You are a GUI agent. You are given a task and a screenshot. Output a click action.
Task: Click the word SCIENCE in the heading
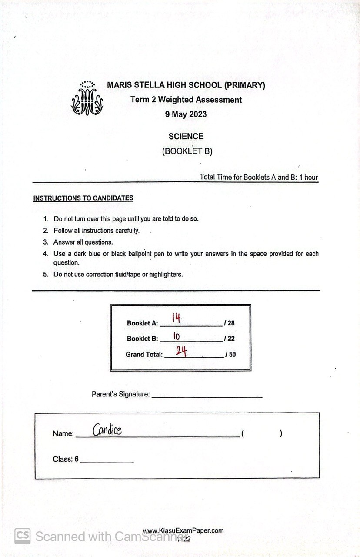click(186, 136)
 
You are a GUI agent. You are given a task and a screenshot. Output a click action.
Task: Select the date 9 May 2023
click(186, 115)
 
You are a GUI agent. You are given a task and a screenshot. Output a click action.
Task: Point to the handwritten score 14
click(176, 319)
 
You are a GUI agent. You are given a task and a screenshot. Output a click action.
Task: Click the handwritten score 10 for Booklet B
click(177, 336)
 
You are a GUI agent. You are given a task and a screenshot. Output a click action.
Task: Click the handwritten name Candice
click(107, 430)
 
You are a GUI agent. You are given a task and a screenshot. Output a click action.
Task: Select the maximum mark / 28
click(229, 323)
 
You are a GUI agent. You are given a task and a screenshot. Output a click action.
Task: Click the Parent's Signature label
click(120, 394)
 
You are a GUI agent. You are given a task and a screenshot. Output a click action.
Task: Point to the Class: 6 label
click(65, 459)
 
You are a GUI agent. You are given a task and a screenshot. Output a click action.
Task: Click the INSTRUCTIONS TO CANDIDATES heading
click(83, 198)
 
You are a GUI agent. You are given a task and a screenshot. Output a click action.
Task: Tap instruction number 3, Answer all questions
click(83, 242)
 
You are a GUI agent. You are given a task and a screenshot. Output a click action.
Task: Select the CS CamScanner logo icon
click(22, 536)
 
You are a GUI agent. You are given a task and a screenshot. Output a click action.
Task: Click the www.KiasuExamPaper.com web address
click(183, 530)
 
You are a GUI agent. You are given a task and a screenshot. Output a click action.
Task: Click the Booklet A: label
click(142, 323)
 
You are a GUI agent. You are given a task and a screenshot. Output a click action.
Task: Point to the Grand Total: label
click(144, 354)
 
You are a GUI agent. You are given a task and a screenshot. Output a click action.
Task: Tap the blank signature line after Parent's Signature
click(207, 396)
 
